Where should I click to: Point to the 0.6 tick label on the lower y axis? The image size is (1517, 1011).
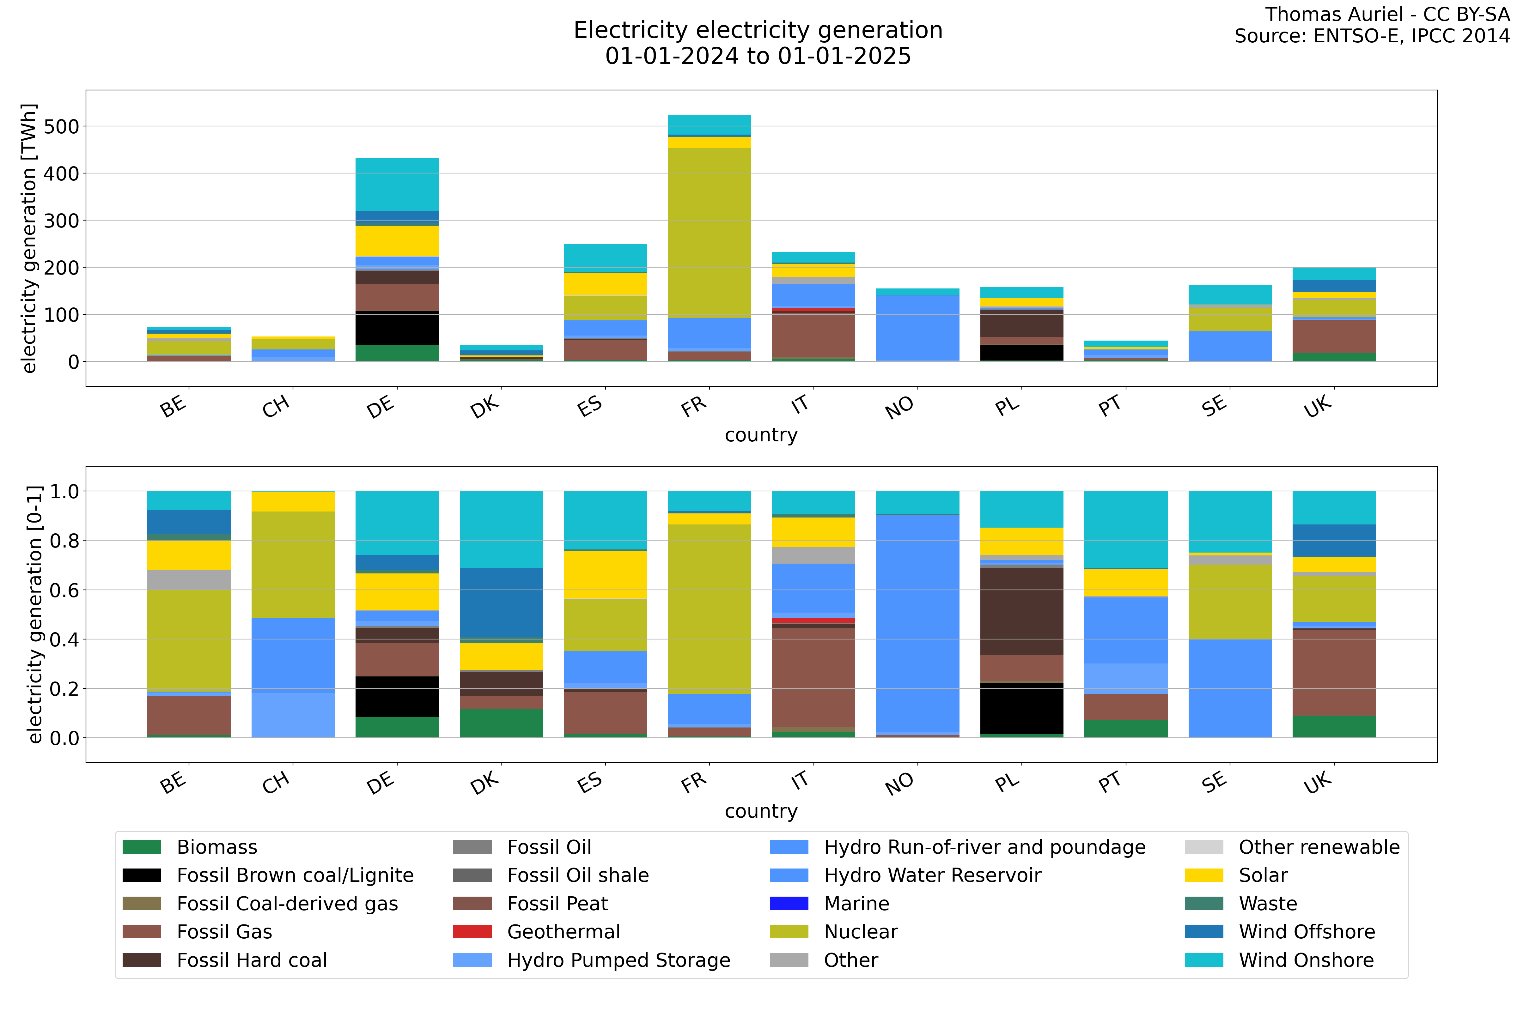point(64,590)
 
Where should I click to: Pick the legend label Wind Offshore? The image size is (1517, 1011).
point(1307,932)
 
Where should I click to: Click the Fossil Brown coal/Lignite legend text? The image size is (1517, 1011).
point(295,875)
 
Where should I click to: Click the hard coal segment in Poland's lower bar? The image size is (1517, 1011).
point(1022,611)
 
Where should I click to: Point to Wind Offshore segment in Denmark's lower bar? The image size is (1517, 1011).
point(501,603)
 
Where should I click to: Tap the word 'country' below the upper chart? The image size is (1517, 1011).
point(761,435)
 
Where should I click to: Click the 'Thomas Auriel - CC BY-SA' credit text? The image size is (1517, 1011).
point(1387,14)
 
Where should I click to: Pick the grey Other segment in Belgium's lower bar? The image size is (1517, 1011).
point(189,580)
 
